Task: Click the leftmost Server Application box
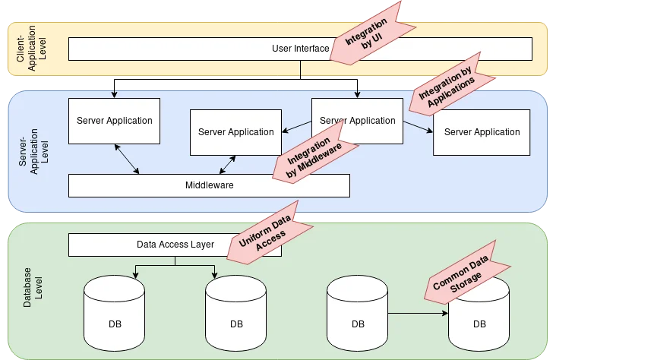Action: (x=114, y=121)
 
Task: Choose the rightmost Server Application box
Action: (x=482, y=132)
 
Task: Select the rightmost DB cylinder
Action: (x=479, y=319)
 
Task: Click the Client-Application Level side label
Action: (x=27, y=49)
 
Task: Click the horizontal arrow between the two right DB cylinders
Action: (x=418, y=312)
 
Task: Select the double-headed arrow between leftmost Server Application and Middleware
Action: (x=126, y=159)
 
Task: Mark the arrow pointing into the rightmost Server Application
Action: (x=418, y=127)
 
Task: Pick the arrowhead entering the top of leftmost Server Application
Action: (x=113, y=95)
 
